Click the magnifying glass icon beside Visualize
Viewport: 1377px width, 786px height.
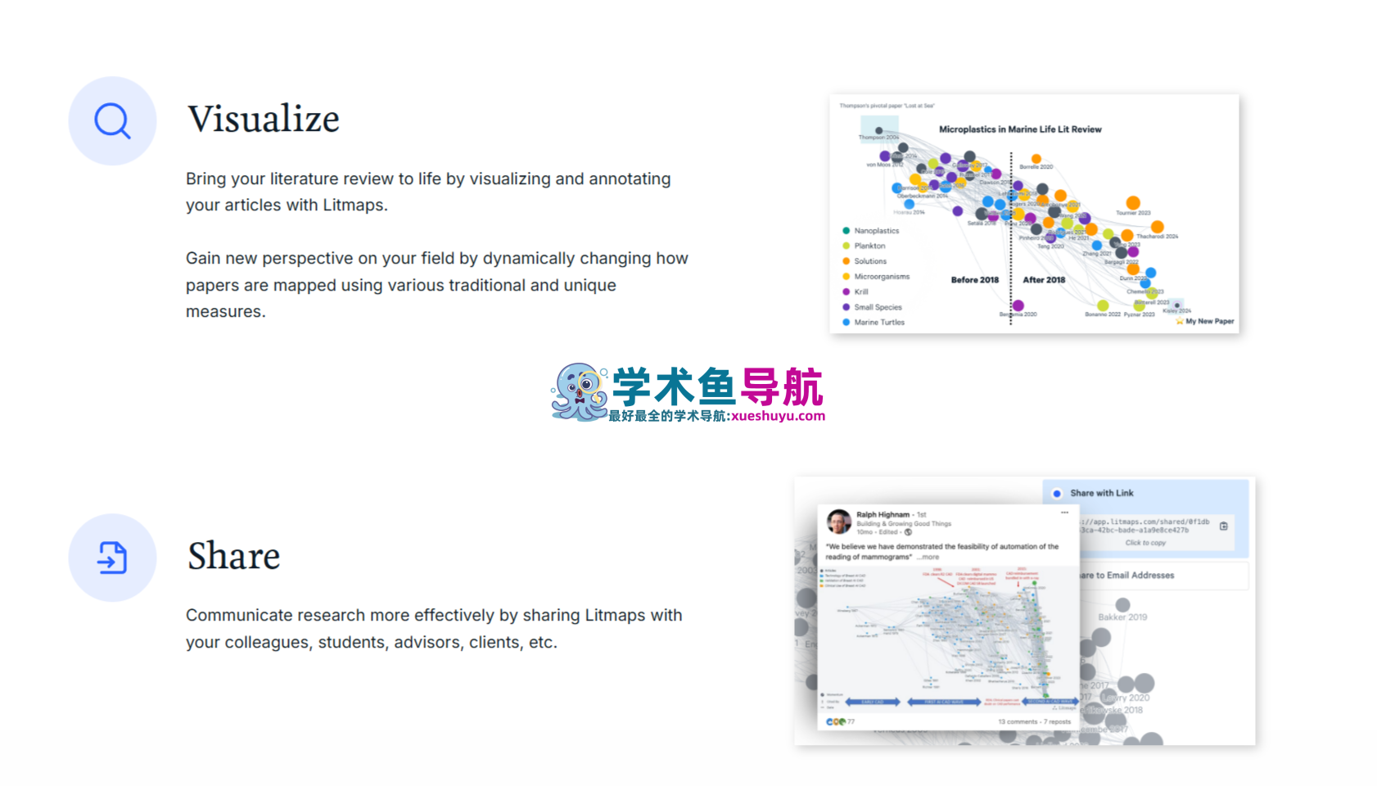[112, 121]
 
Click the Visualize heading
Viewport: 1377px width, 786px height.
[263, 120]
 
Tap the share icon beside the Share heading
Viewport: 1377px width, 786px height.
[112, 558]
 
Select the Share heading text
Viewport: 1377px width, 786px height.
[233, 556]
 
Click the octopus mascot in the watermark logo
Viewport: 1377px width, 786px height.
[580, 392]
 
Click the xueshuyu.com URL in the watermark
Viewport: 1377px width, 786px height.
[778, 416]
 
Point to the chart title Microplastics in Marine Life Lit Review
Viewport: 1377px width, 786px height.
[1019, 129]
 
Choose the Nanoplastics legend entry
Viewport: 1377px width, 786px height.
[875, 231]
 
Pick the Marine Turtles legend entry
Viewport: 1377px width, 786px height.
[878, 323]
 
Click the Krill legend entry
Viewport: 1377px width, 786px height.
[860, 291]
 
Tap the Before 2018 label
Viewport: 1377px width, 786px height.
[974, 280]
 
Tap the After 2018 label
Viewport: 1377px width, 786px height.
[1044, 280]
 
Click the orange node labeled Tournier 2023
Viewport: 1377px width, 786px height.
[1133, 202]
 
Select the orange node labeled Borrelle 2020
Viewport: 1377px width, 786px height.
[1036, 159]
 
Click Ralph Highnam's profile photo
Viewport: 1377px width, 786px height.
[838, 522]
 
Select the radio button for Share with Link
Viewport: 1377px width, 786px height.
[1057, 494]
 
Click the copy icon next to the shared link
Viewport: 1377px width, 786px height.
[1224, 526]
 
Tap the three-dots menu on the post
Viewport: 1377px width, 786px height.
[1064, 513]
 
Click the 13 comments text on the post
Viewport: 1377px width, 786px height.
[1018, 722]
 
